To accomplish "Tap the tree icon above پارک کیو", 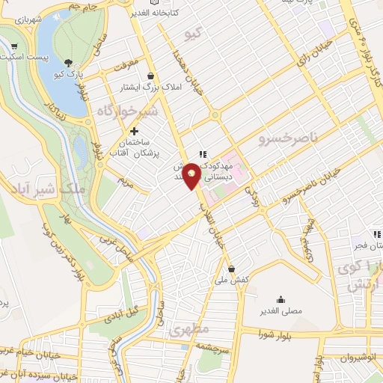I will [69, 63].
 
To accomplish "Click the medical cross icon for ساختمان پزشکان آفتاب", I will [134, 131].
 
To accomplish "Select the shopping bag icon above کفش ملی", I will [231, 269].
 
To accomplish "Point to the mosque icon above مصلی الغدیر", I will [281, 298].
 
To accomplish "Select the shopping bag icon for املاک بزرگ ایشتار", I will [151, 76].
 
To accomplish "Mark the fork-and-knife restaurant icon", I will [201, 154].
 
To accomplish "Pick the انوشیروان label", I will [358, 357].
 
